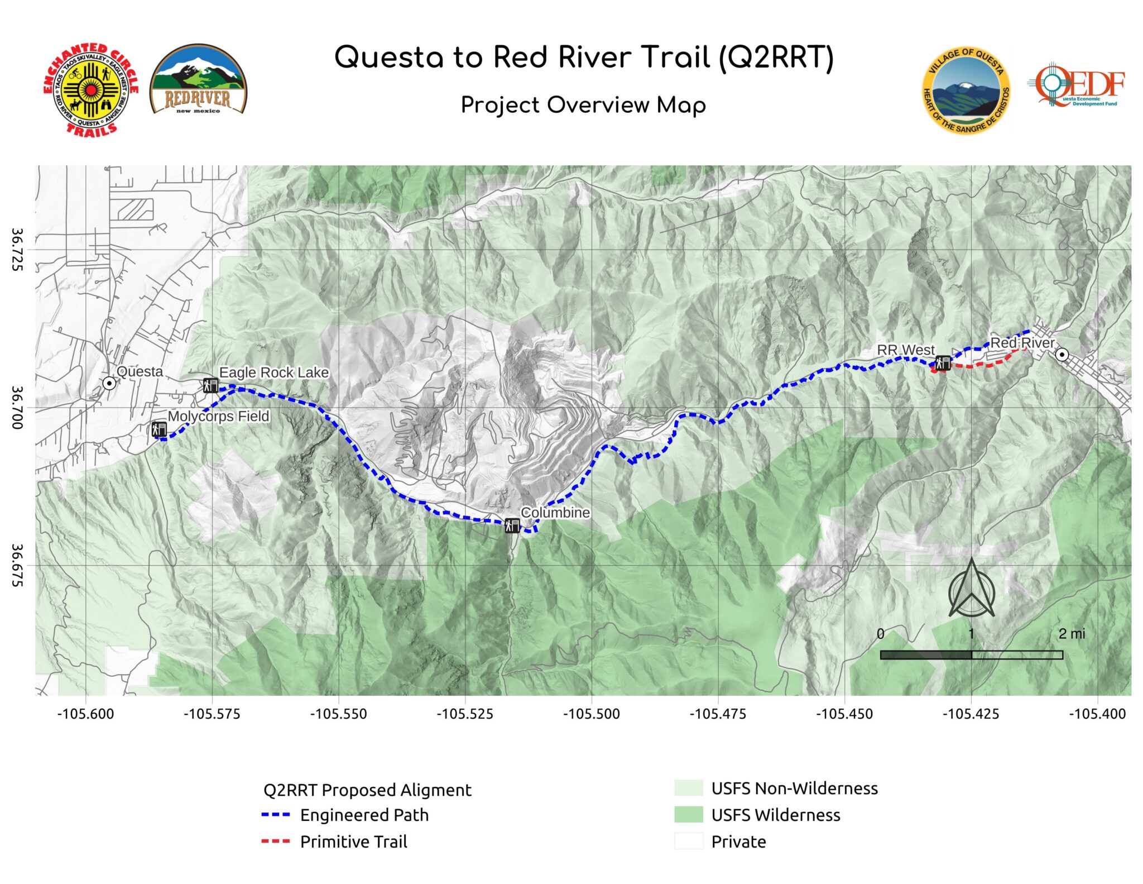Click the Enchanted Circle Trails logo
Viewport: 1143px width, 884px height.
pos(90,89)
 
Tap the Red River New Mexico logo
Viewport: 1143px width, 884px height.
pos(198,79)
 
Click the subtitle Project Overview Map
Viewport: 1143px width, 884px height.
pos(583,105)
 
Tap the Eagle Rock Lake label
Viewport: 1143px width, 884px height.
pos(273,372)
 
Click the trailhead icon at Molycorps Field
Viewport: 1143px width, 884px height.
pos(159,429)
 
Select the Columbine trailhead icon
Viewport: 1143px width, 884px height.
pos(512,525)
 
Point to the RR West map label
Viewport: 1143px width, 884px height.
pos(905,350)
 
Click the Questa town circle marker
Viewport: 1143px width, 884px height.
pos(110,383)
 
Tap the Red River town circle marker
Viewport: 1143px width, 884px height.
pos(1062,355)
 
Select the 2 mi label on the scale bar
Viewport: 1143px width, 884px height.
pos(1072,634)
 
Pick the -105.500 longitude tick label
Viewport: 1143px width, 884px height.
pos(592,714)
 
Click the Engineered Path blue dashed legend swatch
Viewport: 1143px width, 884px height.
pos(276,815)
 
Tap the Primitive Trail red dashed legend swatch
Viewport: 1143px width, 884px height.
pos(276,842)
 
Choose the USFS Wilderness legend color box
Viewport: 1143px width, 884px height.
pos(689,815)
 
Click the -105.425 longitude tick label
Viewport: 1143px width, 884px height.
pos(971,714)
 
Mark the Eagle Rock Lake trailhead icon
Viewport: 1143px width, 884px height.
pos(210,385)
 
